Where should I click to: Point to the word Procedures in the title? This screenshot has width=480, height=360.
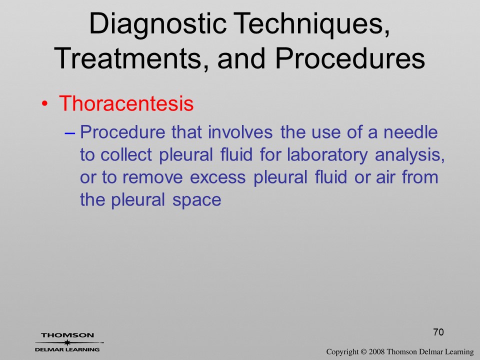(x=350, y=58)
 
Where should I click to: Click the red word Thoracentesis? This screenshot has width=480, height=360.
(x=126, y=103)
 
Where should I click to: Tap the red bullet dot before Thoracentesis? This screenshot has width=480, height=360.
(x=44, y=104)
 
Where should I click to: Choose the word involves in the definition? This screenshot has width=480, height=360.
(x=240, y=132)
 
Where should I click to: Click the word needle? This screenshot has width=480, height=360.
(x=410, y=132)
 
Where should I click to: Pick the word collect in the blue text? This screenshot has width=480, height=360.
(x=126, y=154)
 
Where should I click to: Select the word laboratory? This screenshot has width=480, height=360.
(x=327, y=155)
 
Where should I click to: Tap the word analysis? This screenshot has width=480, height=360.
(x=409, y=155)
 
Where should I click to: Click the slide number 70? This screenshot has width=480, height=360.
(x=438, y=332)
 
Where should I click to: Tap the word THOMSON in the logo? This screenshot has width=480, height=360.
(x=67, y=335)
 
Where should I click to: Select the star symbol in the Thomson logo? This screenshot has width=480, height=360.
(x=67, y=342)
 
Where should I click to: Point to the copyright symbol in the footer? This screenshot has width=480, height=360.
(x=363, y=352)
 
